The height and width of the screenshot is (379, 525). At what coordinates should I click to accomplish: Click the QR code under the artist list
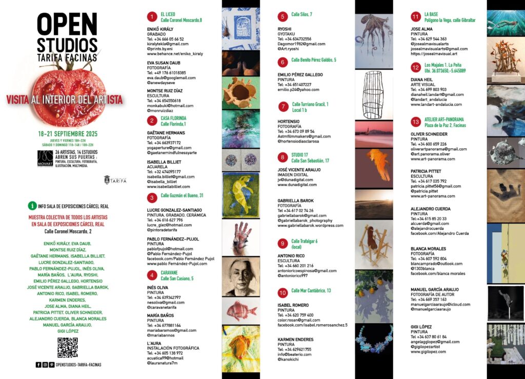click(67, 347)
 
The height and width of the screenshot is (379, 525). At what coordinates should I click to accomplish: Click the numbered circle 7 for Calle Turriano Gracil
click(282, 107)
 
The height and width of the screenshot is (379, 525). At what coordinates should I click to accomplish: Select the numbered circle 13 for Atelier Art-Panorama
click(416, 122)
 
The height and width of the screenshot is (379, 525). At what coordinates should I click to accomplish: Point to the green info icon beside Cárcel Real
click(33, 206)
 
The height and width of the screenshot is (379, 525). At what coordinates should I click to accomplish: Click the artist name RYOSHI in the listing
click(285, 29)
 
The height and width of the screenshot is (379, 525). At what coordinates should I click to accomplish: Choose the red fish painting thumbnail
click(240, 309)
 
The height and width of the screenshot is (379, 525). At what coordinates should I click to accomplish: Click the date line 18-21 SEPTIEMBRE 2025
click(68, 134)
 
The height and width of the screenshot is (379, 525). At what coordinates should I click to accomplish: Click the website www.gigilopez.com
click(428, 352)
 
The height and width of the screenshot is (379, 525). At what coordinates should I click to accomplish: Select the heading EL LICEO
click(169, 14)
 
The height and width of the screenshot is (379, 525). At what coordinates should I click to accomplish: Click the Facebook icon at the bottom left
click(38, 365)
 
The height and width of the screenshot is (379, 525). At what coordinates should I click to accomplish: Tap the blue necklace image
click(373, 339)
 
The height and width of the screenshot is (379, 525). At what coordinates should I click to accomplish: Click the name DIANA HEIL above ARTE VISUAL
click(422, 79)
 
